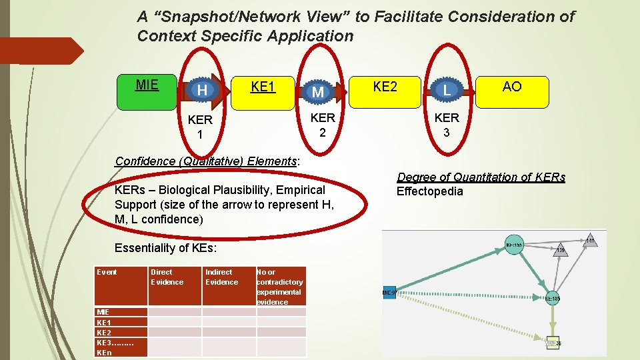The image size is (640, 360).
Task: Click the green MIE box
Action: (x=147, y=91)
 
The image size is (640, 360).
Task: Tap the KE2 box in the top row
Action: (x=385, y=87)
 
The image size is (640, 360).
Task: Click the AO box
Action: (x=512, y=87)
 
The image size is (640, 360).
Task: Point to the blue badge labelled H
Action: (x=201, y=90)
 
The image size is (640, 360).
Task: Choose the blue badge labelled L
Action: (x=447, y=89)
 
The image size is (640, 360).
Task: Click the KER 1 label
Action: (x=200, y=127)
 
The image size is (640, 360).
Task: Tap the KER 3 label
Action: (x=447, y=124)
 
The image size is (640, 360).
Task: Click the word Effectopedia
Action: (x=429, y=192)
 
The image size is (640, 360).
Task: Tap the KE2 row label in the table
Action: (x=104, y=332)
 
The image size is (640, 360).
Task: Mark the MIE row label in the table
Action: (x=103, y=312)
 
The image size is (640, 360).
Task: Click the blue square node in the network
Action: (x=389, y=293)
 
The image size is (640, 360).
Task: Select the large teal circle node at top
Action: (x=514, y=245)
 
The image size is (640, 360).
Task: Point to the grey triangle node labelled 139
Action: (x=561, y=249)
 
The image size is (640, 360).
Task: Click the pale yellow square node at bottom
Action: (x=551, y=343)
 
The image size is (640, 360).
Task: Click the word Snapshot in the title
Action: (x=186, y=17)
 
